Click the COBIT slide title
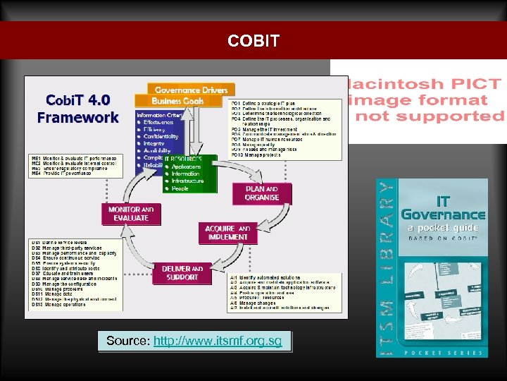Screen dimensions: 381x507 click(x=254, y=41)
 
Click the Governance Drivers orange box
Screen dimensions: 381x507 click(x=191, y=90)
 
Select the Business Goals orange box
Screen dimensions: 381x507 click(x=179, y=101)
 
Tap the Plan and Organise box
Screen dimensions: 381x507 click(x=262, y=193)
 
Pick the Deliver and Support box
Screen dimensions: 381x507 click(x=182, y=272)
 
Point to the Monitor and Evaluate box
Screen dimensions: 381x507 click(x=131, y=214)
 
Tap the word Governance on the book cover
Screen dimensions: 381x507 click(x=444, y=213)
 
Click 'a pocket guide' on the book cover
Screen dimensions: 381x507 click(x=444, y=227)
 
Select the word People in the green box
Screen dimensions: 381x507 click(x=180, y=188)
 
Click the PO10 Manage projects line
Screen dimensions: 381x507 click(x=262, y=155)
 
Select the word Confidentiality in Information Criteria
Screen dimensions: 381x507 click(x=161, y=136)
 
